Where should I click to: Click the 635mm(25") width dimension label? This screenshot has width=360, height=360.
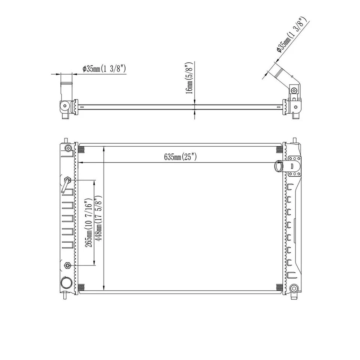180,157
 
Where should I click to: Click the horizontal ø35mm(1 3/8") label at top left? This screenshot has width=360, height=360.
104,68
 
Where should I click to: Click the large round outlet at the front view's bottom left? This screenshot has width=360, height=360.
66,283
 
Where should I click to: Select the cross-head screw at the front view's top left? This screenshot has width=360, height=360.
68,148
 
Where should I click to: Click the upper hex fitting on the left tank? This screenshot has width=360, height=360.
67,180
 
